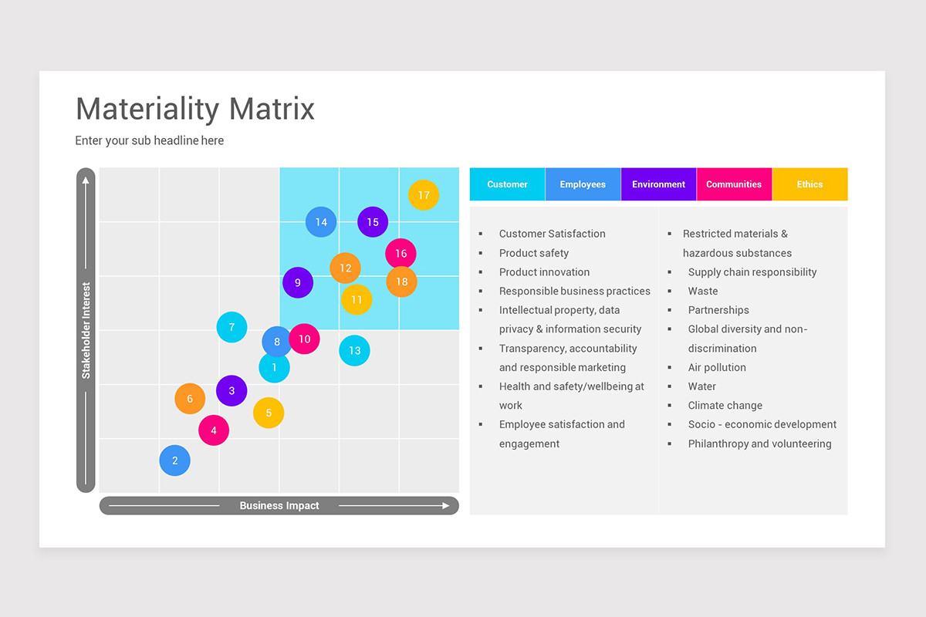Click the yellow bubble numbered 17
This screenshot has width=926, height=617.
coord(424,195)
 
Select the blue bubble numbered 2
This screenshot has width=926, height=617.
coord(175,460)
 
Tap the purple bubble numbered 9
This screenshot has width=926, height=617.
coord(298,283)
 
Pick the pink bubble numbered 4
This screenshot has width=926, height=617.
coord(214,430)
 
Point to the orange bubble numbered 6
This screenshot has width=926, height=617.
coord(190,399)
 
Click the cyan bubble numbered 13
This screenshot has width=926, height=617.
coord(354,350)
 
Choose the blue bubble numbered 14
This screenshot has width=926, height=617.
coord(321,222)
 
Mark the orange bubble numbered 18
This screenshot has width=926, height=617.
coord(401,282)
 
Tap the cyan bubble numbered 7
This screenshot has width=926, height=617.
coord(231,328)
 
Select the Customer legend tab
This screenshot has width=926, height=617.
coord(507,184)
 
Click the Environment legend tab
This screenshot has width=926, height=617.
coord(658,184)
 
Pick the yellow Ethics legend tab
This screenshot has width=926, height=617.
coord(809,184)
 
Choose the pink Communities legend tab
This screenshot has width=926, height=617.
coord(734,184)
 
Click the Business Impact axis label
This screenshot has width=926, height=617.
coord(279,506)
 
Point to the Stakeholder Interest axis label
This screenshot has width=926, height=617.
coord(86,330)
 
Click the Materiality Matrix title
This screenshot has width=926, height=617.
coord(195,109)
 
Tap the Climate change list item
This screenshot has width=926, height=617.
coord(725,406)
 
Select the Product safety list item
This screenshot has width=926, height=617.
coord(533,253)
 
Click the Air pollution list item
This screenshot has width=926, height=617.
coord(717,368)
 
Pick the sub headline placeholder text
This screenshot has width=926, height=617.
coord(150,140)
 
